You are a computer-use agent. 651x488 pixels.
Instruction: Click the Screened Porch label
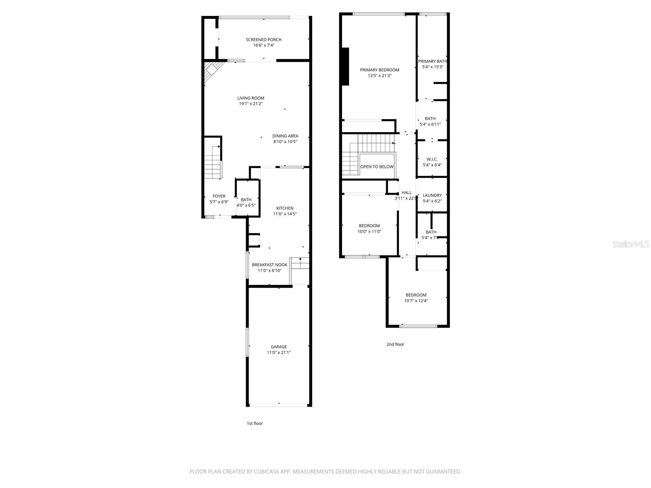point(264,39)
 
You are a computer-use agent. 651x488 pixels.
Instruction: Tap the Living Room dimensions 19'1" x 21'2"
point(251,104)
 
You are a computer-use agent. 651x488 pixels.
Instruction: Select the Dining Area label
point(285,136)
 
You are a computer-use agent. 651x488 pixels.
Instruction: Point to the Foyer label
point(219,196)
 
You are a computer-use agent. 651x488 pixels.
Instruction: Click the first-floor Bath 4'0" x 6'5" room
point(246,202)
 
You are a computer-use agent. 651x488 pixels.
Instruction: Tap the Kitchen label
point(285,208)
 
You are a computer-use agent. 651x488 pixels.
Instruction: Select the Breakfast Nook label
point(269,265)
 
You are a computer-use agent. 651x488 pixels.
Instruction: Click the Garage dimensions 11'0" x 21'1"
point(279,353)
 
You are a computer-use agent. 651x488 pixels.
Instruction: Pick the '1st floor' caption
point(255,423)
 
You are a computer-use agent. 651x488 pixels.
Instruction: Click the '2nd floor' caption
point(395,344)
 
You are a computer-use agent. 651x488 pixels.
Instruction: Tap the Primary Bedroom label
point(380,70)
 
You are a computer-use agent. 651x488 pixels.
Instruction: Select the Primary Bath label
point(433,61)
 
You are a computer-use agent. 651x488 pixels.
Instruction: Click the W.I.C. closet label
point(432,159)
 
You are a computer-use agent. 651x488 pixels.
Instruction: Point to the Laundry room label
point(432,195)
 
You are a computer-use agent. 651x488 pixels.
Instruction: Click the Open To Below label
point(377,167)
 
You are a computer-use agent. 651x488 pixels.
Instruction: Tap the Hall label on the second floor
point(406,193)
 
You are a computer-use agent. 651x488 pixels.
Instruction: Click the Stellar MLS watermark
point(631,244)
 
